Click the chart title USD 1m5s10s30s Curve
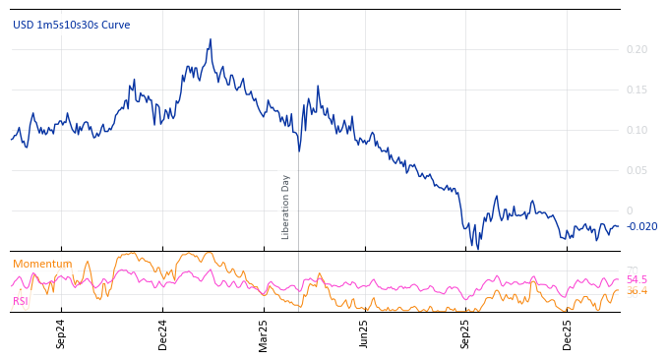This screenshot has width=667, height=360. click(71, 26)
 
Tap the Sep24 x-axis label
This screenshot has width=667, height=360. click(61, 333)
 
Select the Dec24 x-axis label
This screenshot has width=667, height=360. click(163, 333)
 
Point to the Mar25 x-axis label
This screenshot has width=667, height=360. click(264, 333)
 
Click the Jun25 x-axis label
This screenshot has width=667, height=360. click(364, 333)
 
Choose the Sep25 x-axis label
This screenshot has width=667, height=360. click(466, 333)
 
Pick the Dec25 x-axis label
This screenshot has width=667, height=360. click(568, 333)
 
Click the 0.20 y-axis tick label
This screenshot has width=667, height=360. click(637, 49)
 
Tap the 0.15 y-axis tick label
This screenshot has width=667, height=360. click(637, 90)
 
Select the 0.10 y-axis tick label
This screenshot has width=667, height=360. click(637, 130)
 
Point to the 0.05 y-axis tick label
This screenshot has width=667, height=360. click(637, 170)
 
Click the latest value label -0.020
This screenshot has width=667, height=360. click(641, 226)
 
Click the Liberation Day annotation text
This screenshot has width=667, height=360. click(286, 207)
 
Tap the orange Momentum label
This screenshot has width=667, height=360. click(42, 264)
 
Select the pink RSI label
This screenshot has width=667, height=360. click(21, 301)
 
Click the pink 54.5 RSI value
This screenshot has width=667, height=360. click(637, 279)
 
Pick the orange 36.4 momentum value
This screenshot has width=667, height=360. click(637, 291)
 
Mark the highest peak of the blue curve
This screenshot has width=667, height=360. click(210, 40)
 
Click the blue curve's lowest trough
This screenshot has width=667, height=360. click(478, 248)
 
